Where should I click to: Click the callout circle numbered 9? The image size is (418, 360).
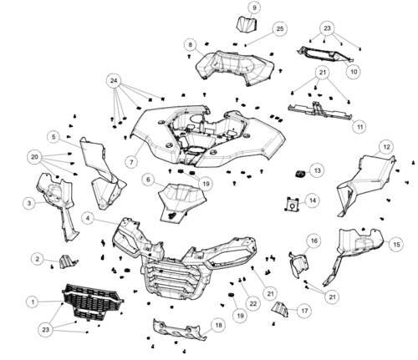coord(254,8)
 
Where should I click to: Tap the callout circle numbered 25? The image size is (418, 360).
coord(280,28)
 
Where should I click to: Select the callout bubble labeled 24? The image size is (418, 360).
coord(114,81)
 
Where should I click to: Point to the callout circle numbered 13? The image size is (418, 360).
coord(317,170)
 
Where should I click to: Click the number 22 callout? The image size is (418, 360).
coord(252,303)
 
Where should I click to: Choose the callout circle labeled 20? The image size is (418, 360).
coord(34,157)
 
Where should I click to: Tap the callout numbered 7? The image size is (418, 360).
coord(131,161)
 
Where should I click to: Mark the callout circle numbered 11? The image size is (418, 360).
coord(359,127)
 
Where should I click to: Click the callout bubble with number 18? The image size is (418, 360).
coord(219,325)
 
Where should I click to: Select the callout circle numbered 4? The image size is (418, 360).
coord(88,218)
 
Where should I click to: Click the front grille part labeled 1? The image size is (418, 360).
coord(93,302)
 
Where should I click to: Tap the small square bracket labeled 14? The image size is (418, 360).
coord(293,204)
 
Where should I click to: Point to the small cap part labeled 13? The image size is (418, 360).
coord(300,174)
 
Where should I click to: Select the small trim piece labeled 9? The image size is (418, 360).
coord(247,24)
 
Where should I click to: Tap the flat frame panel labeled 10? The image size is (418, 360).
coord(325,54)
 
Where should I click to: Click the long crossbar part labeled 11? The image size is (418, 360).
coord(320,111)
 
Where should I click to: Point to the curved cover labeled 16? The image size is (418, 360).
coord(299,265)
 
